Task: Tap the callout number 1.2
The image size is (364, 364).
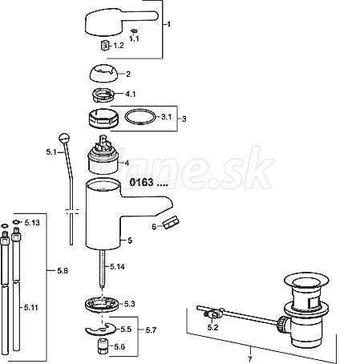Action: click(x=119, y=46)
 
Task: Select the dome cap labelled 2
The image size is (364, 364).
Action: click(x=103, y=74)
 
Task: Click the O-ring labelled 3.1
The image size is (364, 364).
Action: click(x=140, y=117)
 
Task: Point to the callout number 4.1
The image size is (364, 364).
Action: click(x=131, y=94)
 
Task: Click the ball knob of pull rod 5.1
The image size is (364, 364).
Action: click(x=64, y=138)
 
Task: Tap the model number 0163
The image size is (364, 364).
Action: click(x=141, y=182)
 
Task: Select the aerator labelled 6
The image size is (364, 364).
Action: click(x=171, y=222)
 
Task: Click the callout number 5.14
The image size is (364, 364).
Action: click(x=117, y=266)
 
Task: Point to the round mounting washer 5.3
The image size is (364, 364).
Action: click(x=102, y=304)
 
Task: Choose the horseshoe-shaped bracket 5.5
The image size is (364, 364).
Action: click(x=101, y=330)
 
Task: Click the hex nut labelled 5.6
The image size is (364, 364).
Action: click(x=103, y=346)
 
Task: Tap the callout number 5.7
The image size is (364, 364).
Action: click(x=151, y=330)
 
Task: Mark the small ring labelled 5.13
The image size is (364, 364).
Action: click(x=16, y=222)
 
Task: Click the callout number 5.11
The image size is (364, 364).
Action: click(x=31, y=308)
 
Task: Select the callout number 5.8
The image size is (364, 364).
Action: click(x=63, y=271)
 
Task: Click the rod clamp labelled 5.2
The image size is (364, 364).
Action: click(x=214, y=313)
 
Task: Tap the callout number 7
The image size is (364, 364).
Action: click(x=250, y=358)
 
